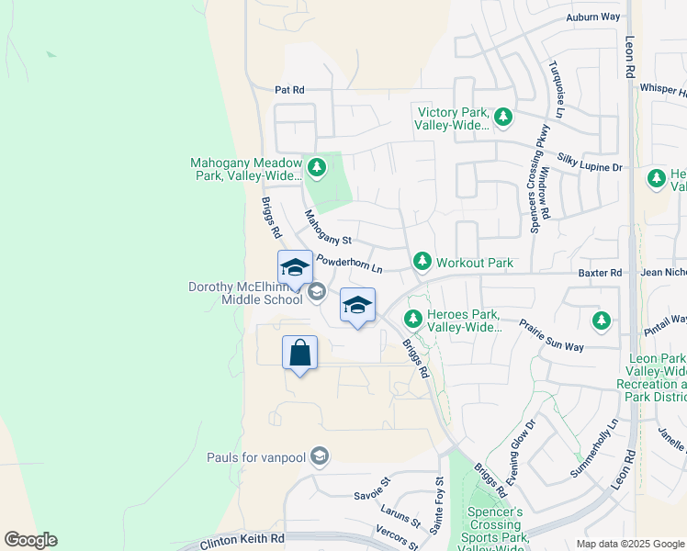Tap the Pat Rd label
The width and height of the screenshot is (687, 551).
(288, 90)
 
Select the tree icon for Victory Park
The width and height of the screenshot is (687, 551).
(502, 118)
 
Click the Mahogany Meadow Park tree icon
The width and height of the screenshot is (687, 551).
(317, 167)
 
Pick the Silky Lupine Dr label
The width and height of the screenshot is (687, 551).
(591, 168)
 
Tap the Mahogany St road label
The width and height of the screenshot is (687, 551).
(328, 229)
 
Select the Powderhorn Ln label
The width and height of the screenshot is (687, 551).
(348, 264)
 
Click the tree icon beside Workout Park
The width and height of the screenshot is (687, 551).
(422, 263)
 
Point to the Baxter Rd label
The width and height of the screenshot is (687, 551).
(600, 273)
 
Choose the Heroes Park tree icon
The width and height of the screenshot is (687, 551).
(413, 320)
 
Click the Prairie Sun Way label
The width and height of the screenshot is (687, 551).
(551, 336)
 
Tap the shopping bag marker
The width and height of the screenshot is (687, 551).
(300, 353)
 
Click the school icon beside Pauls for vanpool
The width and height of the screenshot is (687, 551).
(319, 456)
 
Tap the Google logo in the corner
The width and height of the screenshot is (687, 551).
(30, 540)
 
